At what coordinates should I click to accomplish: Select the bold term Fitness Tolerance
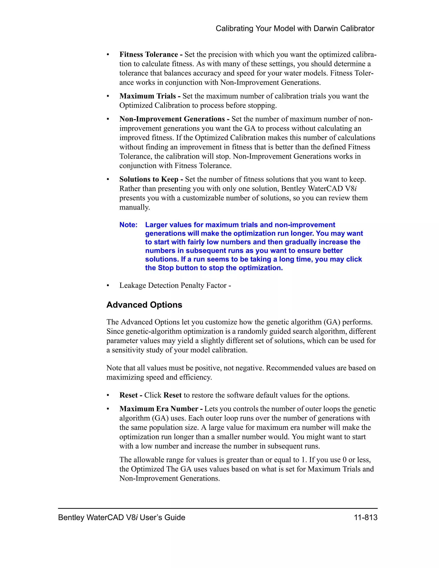[149, 55]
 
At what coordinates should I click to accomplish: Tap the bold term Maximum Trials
[147, 96]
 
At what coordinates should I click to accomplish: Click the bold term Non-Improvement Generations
[172, 119]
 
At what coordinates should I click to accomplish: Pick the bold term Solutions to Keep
[149, 179]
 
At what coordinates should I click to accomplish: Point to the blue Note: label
[128, 225]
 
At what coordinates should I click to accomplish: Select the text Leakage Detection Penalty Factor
[173, 286]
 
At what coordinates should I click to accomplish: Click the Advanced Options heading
[144, 305]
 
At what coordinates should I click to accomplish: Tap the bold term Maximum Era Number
[159, 409]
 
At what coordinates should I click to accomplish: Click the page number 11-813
[365, 518]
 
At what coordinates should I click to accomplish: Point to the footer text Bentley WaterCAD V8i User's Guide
[122, 518]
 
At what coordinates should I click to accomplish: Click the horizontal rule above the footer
[218, 508]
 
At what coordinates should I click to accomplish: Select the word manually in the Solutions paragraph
[134, 207]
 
